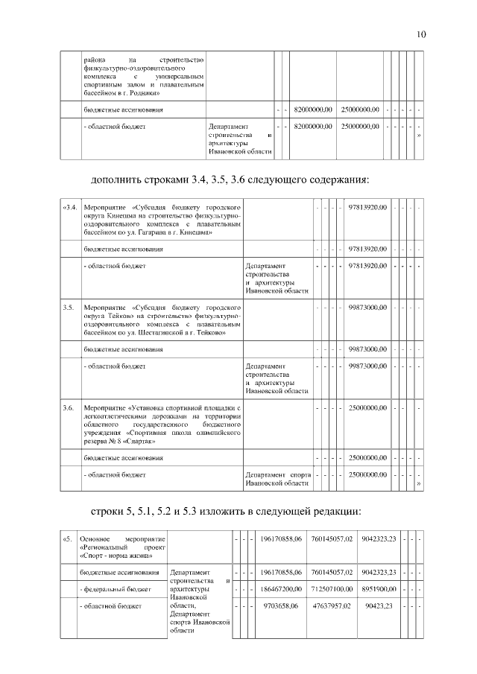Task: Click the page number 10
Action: [421, 34]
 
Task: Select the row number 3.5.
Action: [69, 307]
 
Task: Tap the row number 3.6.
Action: [69, 407]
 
